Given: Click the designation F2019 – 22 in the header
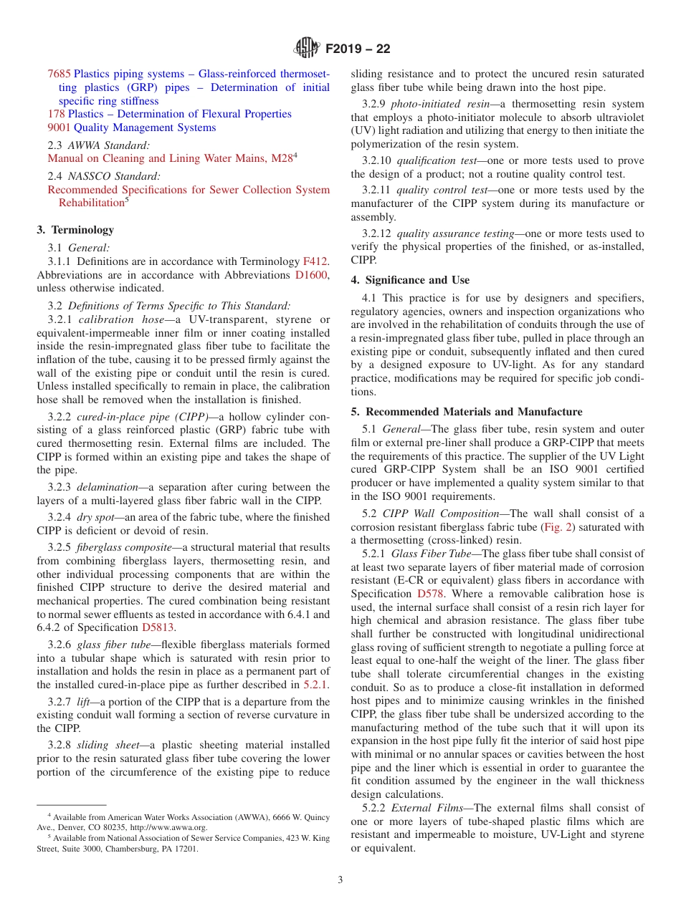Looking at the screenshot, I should point(358,49).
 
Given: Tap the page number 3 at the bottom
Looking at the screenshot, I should point(340,879).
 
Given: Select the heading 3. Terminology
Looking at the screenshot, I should point(75,230).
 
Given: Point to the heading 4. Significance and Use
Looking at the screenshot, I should point(410,280).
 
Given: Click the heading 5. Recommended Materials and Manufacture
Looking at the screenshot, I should point(467,412).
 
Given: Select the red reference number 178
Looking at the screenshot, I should point(56,114).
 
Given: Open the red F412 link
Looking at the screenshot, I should point(315,261).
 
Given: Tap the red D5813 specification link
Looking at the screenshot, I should point(158,627).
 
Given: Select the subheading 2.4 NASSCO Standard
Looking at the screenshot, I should point(104,175).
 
